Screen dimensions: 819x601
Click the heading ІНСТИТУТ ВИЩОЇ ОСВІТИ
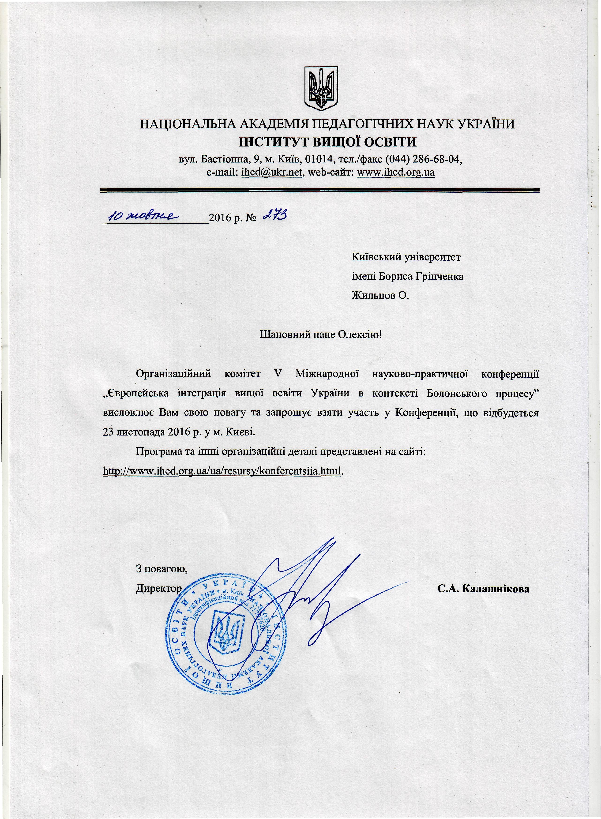[327, 142]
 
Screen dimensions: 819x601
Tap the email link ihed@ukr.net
[271, 172]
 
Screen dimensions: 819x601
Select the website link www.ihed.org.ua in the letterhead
[396, 172]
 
